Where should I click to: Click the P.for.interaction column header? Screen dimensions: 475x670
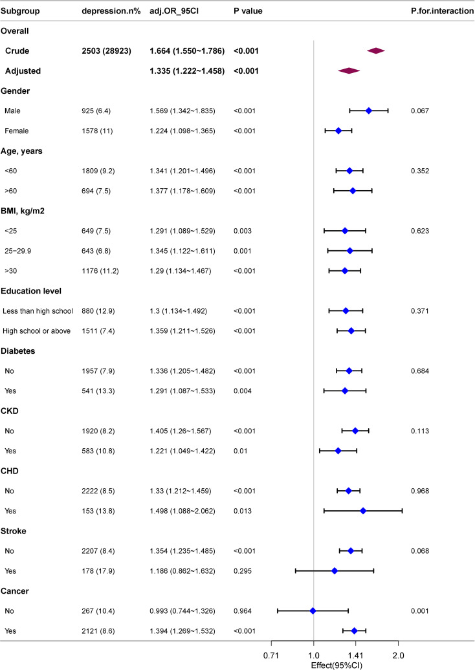pos(443,11)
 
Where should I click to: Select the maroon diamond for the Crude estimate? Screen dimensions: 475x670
pos(376,51)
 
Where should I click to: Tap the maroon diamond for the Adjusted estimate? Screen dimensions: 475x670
pos(349,71)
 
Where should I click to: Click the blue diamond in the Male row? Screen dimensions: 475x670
pos(368,111)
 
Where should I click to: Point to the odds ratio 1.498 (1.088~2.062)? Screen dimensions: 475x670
pos(182,511)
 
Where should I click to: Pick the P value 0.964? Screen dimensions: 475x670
pos(243,611)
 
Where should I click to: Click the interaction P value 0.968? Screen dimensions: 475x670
pos(420,491)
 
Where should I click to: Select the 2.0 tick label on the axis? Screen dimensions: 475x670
pos(398,656)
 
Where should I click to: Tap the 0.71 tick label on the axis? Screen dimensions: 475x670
pos(271,656)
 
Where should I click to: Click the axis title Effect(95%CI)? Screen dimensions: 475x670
pos(337,665)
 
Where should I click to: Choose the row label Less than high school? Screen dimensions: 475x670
pos(38,311)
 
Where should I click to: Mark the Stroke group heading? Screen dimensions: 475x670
pos(13,531)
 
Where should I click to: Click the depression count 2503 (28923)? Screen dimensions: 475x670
pos(107,51)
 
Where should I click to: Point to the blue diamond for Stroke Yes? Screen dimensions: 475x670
pos(335,571)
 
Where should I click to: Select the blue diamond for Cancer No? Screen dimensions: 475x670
pos(313,611)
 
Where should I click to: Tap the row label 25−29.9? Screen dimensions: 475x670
pos(18,251)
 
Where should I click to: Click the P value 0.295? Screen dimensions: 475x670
pos(243,571)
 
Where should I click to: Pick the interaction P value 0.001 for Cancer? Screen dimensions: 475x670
pos(420,611)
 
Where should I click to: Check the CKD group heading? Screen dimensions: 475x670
pos(10,411)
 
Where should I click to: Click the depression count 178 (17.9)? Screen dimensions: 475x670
pos(98,571)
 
